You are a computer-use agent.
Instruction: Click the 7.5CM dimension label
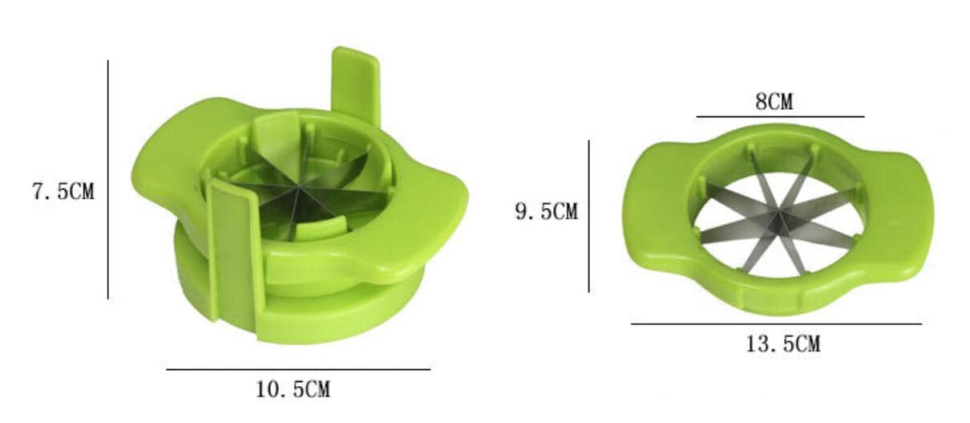click(x=63, y=192)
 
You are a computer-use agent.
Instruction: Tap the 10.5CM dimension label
click(x=293, y=389)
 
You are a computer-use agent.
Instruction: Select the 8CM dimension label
click(x=774, y=102)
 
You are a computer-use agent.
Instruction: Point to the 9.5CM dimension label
click(x=547, y=212)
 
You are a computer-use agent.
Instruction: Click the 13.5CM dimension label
click(x=783, y=344)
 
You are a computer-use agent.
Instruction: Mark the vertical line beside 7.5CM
click(x=108, y=180)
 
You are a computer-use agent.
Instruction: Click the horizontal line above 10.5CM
click(x=298, y=369)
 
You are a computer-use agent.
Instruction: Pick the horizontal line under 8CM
click(x=780, y=116)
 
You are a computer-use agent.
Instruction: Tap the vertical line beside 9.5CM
click(x=589, y=216)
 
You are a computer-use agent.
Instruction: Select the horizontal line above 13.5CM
click(x=777, y=323)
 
